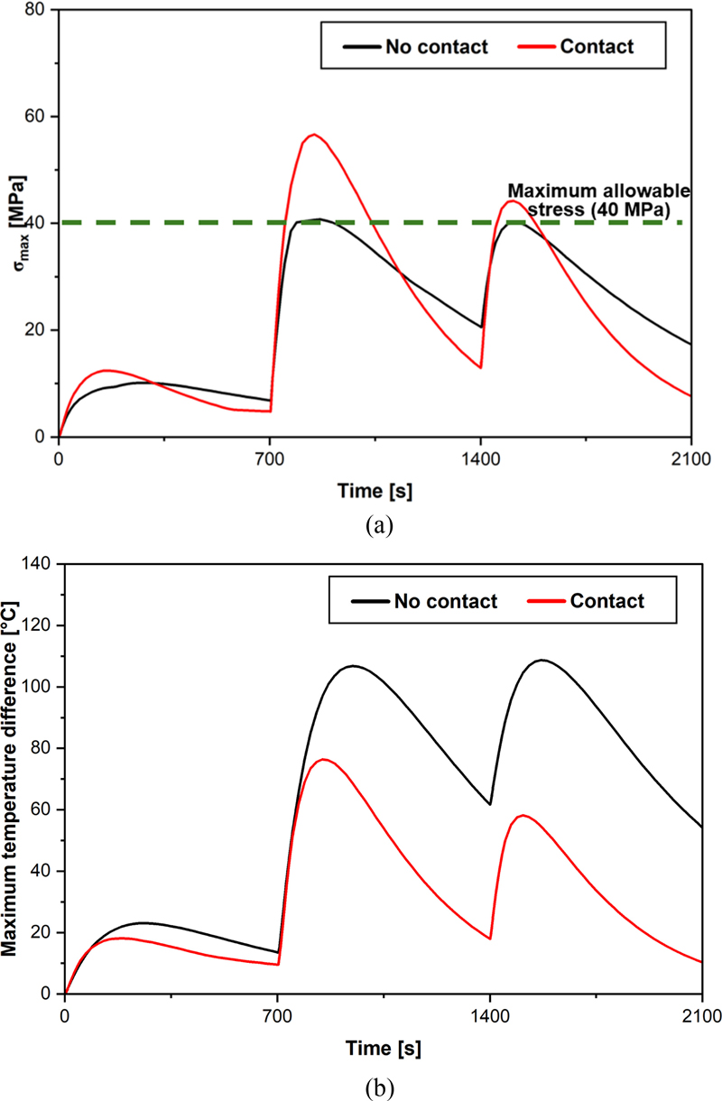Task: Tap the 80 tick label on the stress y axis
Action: (x=38, y=11)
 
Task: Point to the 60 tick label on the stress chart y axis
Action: (x=38, y=117)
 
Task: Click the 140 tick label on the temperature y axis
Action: (x=41, y=564)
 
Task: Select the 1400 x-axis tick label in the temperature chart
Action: (x=490, y=1015)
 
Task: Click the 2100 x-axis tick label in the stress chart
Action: (x=690, y=458)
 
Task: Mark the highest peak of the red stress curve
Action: (x=314, y=134)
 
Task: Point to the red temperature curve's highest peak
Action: (x=323, y=759)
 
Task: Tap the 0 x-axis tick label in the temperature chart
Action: (x=66, y=1015)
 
